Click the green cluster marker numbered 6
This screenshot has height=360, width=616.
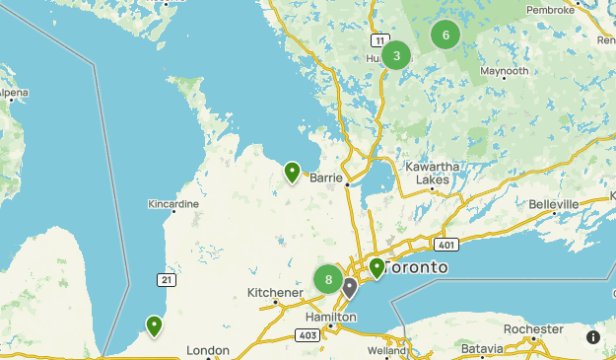point(445,36)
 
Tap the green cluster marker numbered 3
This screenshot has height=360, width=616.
point(396,55)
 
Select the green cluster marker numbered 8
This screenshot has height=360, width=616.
point(328,279)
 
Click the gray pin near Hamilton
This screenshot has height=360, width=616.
point(350,287)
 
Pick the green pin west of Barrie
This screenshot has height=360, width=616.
point(293,173)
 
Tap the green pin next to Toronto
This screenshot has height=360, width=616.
point(376,267)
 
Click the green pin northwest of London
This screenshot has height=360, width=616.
point(154,324)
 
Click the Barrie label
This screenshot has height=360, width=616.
point(325,179)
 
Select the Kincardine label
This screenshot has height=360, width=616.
point(173,204)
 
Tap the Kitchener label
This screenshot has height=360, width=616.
point(274,293)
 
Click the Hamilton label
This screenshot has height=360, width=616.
point(329,318)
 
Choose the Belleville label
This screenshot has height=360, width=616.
point(554,204)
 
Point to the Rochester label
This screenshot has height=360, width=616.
point(533,329)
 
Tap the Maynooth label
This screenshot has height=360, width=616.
point(505,72)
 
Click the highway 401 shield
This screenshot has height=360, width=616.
point(445,244)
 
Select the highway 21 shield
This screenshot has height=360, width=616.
point(169,281)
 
